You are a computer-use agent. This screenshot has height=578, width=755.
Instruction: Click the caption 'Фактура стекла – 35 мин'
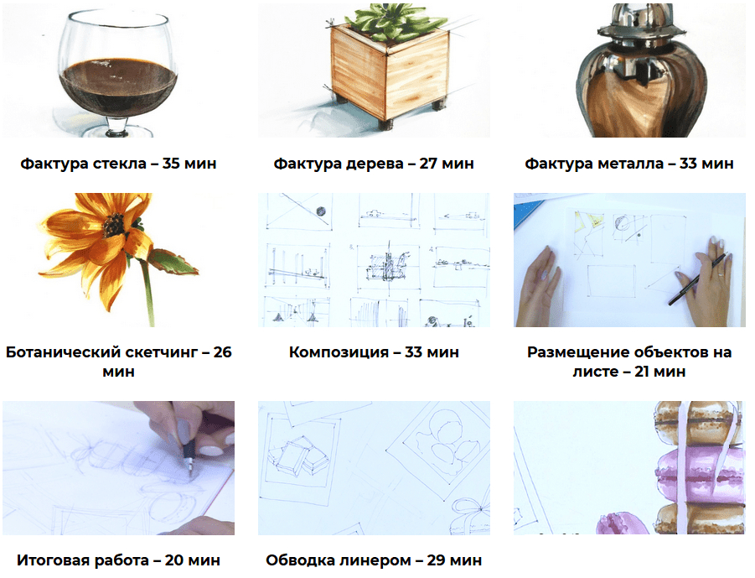(118, 164)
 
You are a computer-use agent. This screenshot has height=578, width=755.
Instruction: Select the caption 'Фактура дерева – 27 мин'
(374, 164)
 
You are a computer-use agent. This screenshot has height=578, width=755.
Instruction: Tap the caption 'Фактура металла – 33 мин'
(628, 164)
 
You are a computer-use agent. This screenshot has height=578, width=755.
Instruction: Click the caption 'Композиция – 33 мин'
(374, 352)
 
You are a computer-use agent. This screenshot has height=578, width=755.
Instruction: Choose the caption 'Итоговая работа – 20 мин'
(118, 560)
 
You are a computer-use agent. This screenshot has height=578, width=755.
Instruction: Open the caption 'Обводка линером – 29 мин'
(374, 560)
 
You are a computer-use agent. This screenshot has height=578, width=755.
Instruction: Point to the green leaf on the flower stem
(173, 263)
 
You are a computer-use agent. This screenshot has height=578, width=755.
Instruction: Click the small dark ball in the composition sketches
(320, 211)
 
